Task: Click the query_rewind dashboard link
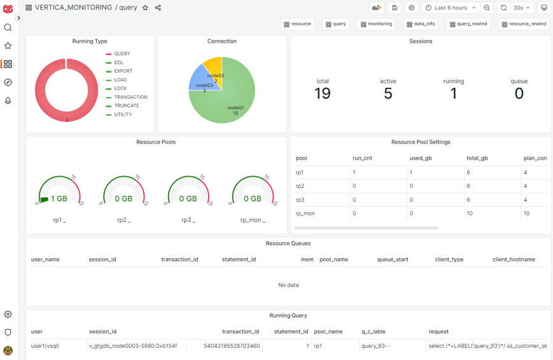coord(468,24)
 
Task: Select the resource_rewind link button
coord(524,24)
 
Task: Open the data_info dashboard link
coord(421,24)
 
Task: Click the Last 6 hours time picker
coord(451,8)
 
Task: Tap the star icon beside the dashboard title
coord(145,8)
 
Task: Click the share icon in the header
coord(158,8)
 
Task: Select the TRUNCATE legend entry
coord(126,106)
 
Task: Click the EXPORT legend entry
coord(123,71)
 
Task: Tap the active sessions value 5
coord(388,93)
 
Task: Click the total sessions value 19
coord(323,93)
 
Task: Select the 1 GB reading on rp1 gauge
coord(59,198)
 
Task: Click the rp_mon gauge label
coord(253,220)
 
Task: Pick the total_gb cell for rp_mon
coord(470,213)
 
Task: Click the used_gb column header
coord(420,158)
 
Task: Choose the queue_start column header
coord(393,260)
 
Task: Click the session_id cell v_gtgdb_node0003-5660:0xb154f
coord(133,346)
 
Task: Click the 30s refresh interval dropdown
coord(521,8)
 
